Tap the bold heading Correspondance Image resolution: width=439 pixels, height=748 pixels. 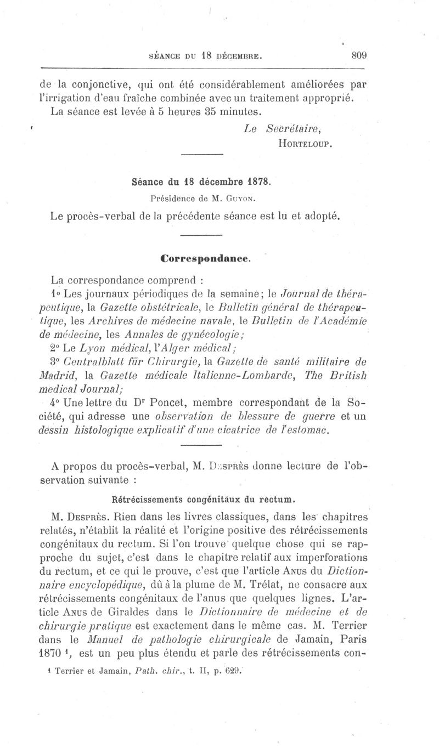[205, 257]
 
